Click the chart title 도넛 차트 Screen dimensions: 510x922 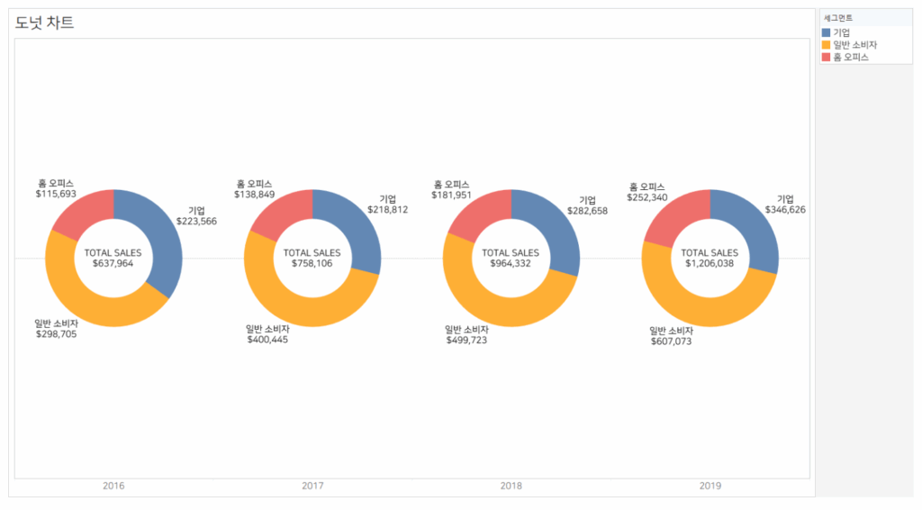[45, 23]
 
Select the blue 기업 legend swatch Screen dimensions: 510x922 [827, 32]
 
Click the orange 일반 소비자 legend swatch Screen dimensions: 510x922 [827, 44]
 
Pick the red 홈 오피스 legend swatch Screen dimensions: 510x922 [827, 57]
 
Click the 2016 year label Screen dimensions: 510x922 [113, 486]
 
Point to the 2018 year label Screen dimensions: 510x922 [511, 486]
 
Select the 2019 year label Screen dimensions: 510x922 [710, 486]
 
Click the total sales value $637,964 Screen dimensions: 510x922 [113, 264]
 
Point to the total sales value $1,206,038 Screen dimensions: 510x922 [710, 264]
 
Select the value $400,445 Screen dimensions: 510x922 [267, 340]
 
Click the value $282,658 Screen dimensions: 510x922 [587, 210]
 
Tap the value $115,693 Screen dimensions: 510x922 [56, 194]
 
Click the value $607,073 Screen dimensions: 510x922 [671, 342]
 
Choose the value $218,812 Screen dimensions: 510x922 [388, 209]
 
